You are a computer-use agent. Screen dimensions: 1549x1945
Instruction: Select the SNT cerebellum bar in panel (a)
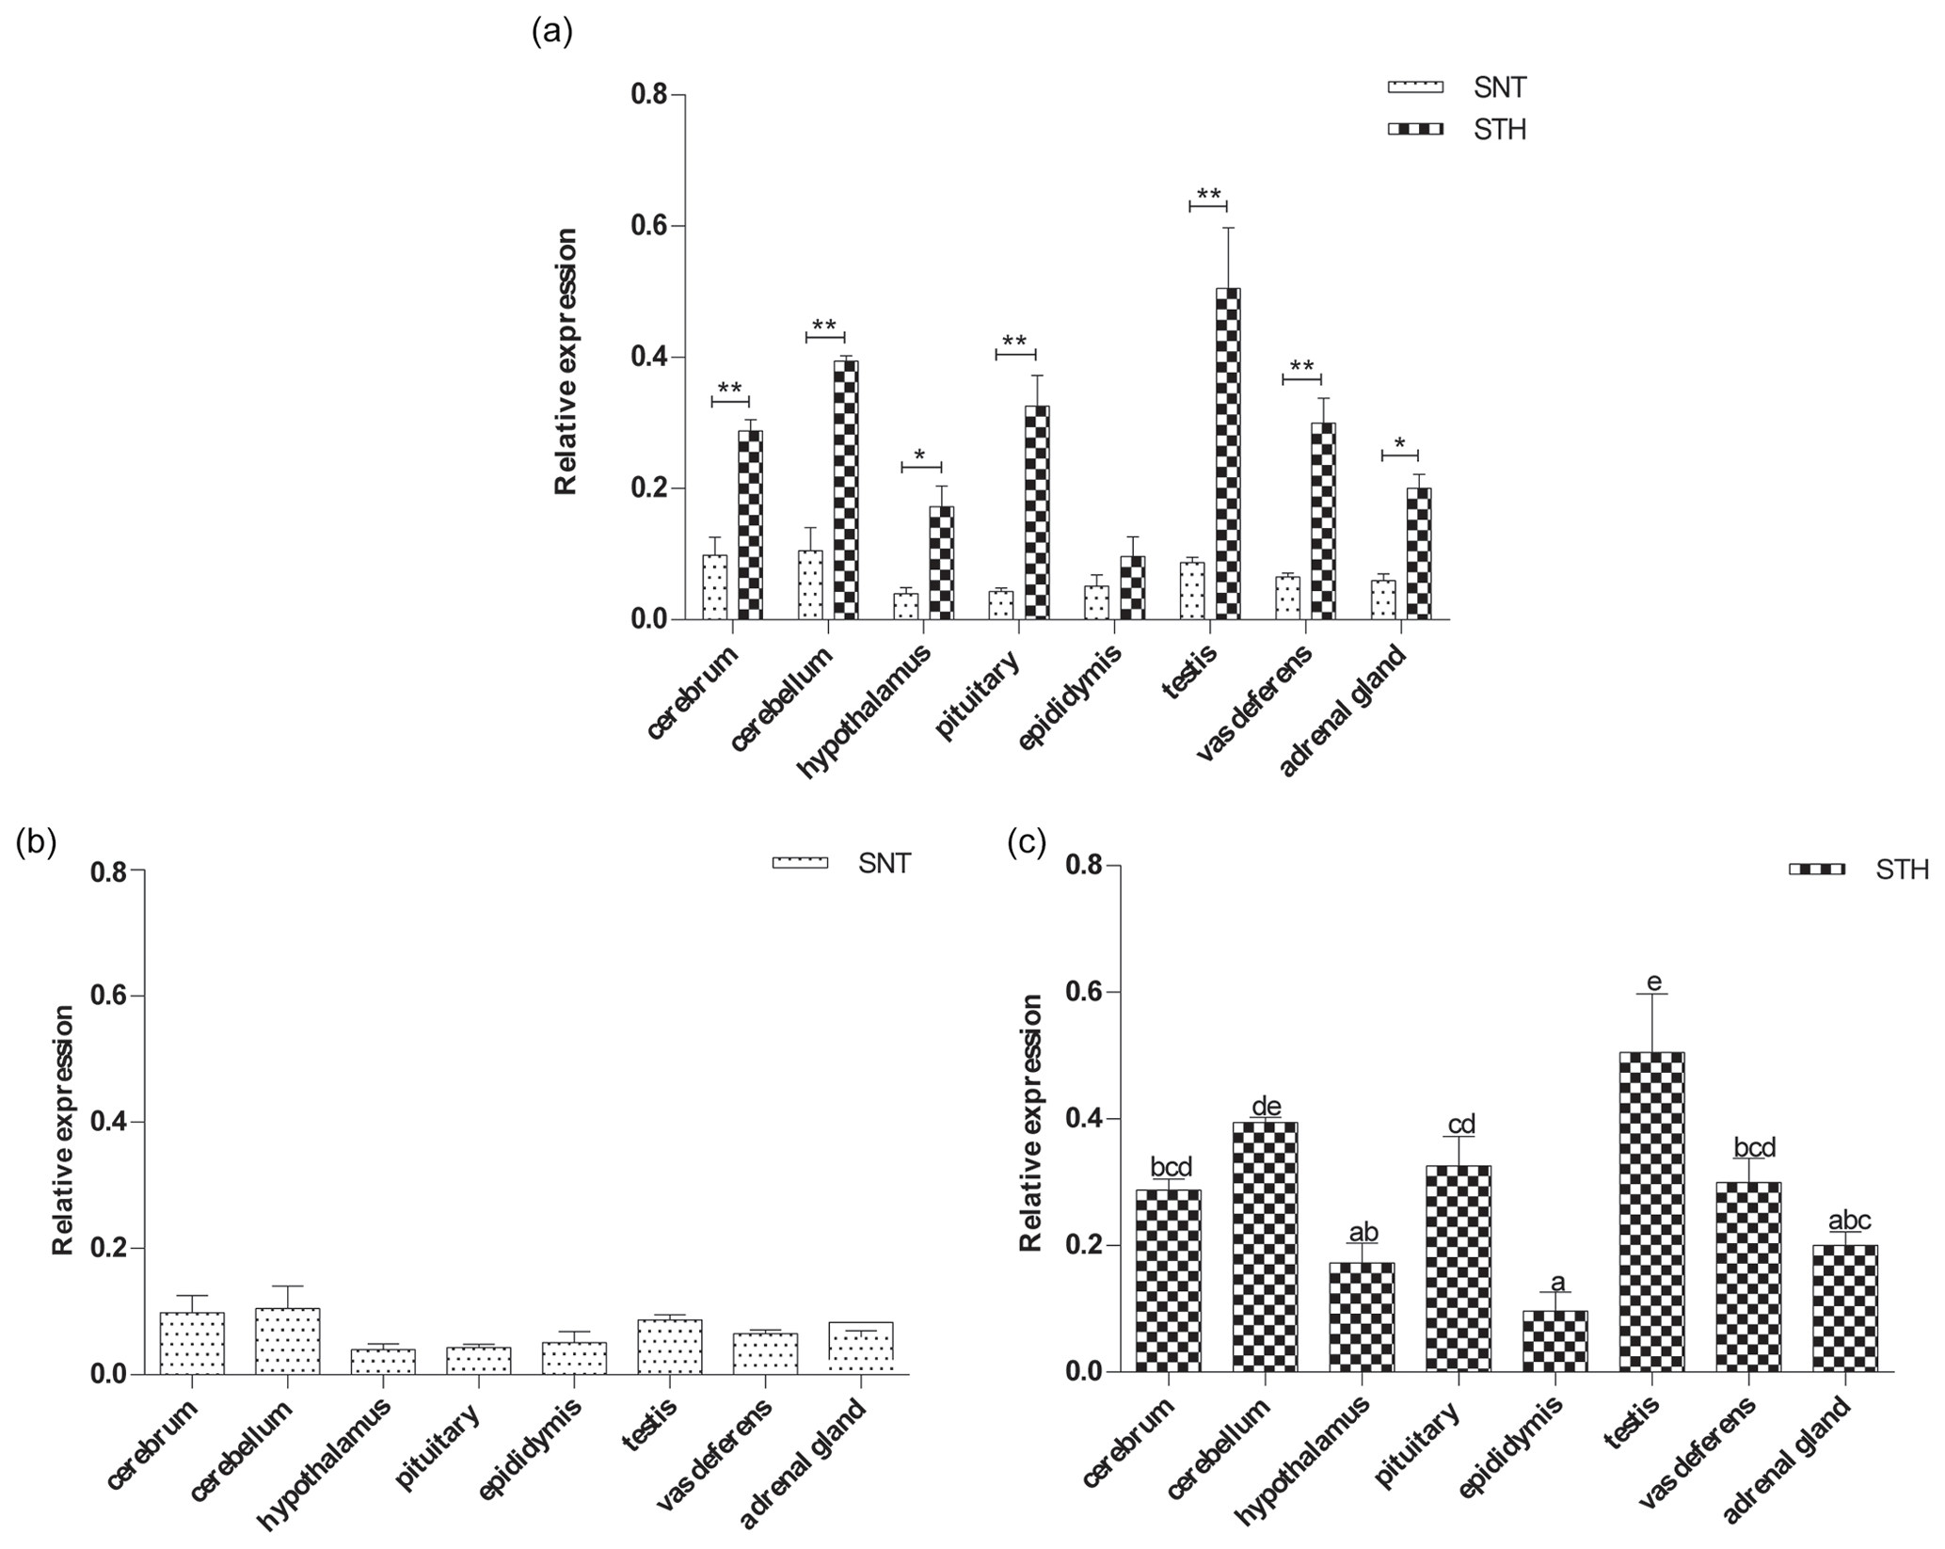coord(811,584)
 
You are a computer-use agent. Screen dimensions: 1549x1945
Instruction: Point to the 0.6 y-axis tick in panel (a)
coord(648,226)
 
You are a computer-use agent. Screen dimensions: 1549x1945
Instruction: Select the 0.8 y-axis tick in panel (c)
coord(1084,866)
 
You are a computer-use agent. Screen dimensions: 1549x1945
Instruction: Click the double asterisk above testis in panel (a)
coord(1208,196)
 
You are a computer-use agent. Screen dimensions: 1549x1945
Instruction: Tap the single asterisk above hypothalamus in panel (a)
coord(920,455)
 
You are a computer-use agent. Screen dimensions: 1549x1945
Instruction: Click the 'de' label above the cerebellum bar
coord(1266,1106)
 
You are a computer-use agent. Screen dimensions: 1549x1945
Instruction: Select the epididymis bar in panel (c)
coord(1554,1340)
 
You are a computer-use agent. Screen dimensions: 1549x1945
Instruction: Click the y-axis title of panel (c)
coord(1032,1122)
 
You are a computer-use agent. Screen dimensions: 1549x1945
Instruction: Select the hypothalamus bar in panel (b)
coord(383,1361)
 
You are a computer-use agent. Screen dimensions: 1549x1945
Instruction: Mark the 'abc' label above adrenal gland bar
coord(1849,1221)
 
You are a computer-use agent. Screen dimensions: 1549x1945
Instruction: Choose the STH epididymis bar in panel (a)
coord(1132,587)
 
